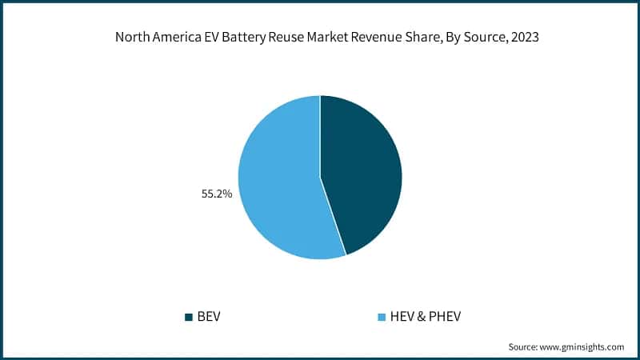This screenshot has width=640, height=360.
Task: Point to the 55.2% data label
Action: [216, 193]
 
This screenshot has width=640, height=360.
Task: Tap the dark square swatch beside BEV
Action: [189, 317]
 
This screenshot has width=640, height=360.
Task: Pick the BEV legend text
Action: [208, 317]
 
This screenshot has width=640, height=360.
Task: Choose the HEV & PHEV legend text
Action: [425, 317]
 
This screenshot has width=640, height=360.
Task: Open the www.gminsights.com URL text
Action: [583, 346]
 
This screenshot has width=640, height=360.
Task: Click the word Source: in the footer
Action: [525, 346]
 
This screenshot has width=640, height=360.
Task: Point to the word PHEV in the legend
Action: [444, 317]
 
